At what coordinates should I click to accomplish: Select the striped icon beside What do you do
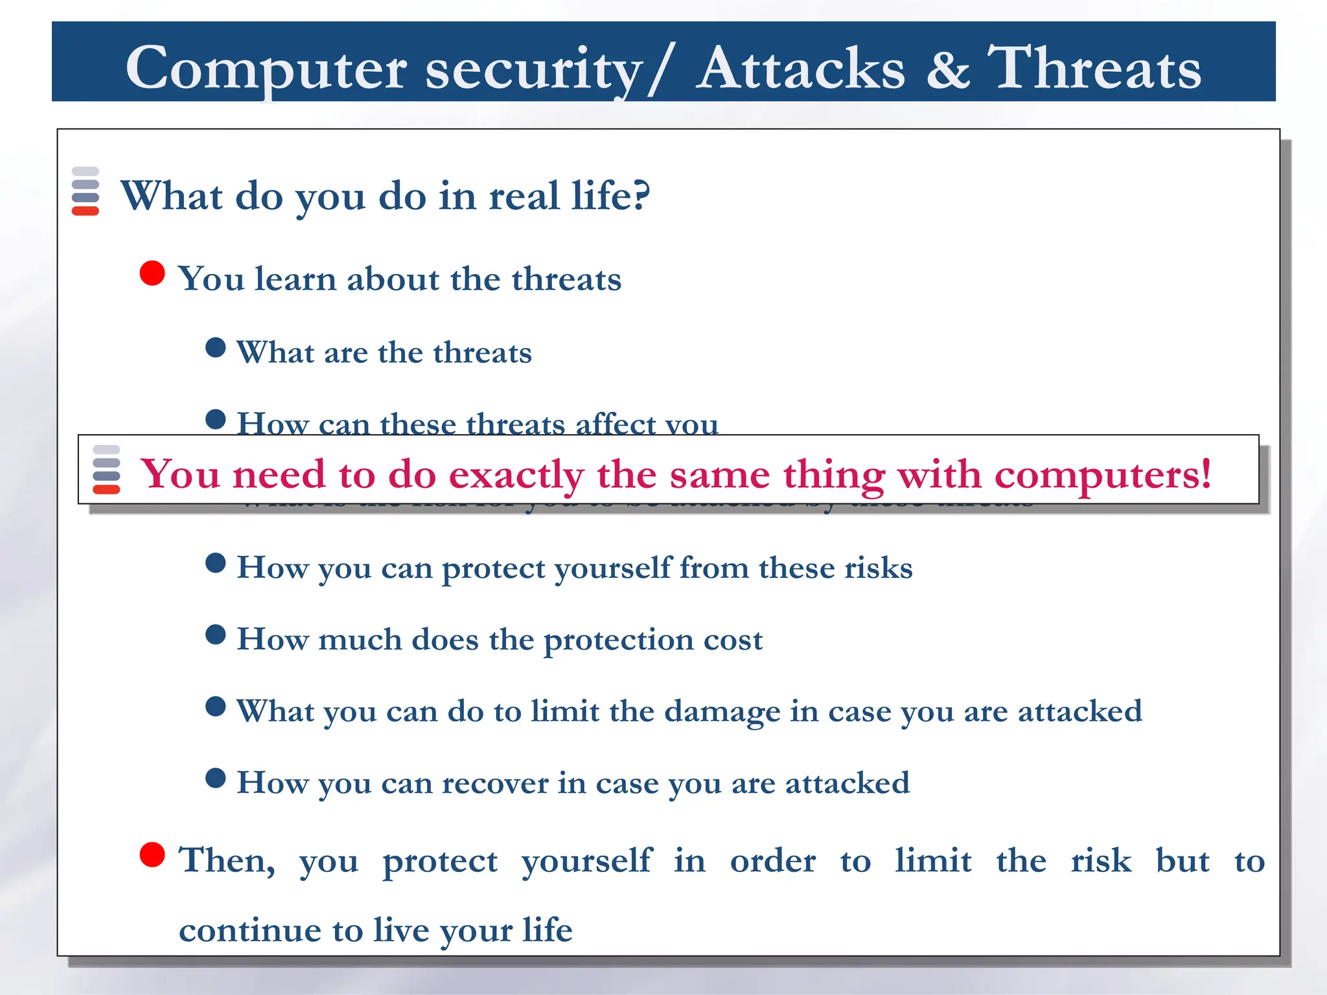point(86,191)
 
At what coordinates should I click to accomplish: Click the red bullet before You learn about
point(152,273)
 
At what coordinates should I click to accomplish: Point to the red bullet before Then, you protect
point(152,854)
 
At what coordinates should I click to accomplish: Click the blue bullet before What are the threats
point(215,348)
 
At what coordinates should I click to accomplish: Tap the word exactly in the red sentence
point(516,475)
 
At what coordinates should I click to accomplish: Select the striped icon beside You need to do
point(106,470)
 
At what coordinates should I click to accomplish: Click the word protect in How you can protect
point(493,569)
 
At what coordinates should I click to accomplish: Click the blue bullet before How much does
point(215,635)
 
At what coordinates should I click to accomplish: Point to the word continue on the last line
point(250,930)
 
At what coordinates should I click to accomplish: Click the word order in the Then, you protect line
point(772,861)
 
